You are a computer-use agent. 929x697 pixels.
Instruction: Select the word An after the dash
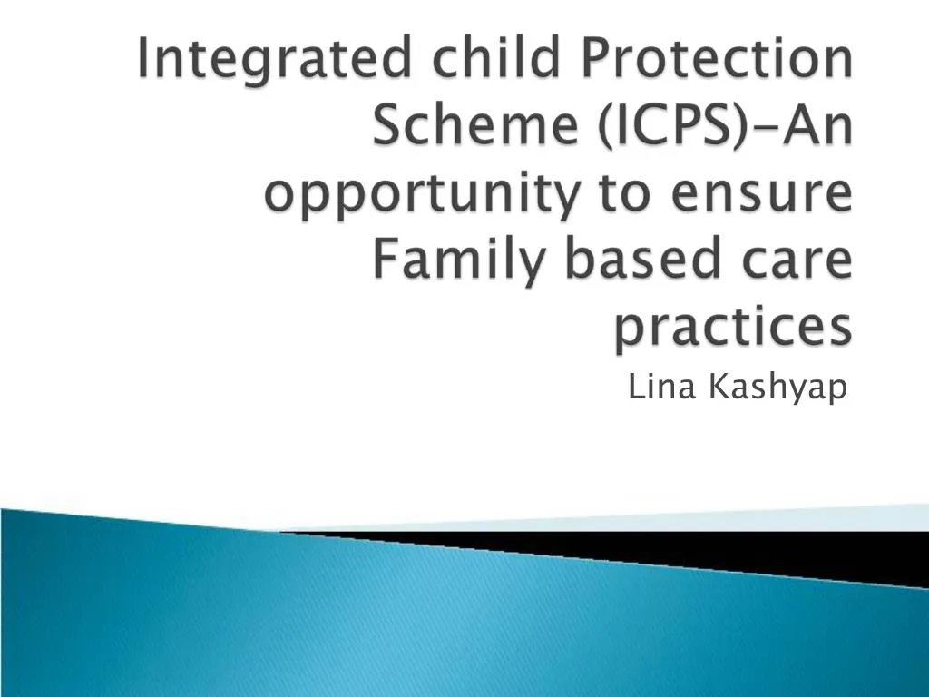click(x=810, y=127)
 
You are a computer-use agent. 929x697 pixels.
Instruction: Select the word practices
click(x=733, y=327)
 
